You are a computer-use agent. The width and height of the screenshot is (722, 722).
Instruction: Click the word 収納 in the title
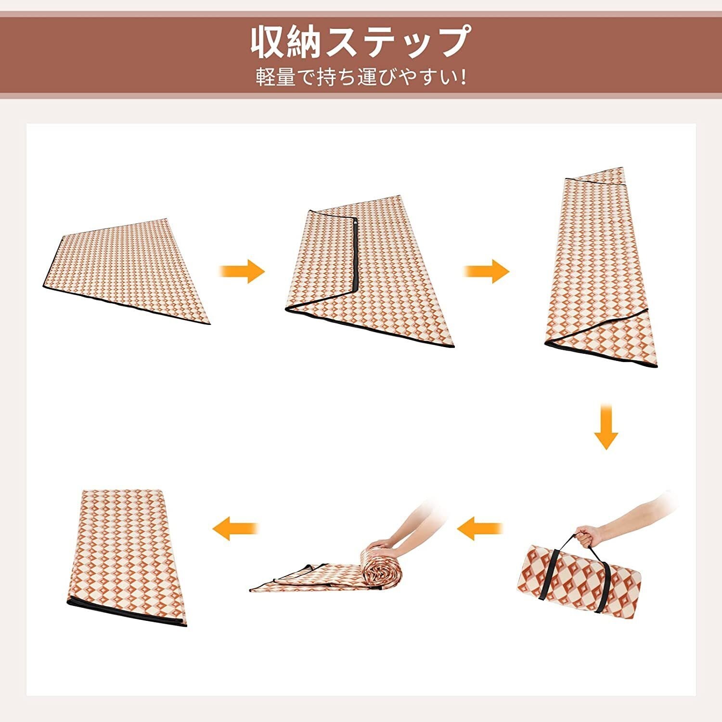tap(286, 42)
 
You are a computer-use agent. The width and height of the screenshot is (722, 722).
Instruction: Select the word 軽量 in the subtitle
tap(275, 77)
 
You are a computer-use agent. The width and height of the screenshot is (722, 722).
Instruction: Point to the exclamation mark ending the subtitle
tap(463, 77)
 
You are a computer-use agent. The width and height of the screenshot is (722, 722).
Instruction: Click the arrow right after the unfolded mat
tap(242, 271)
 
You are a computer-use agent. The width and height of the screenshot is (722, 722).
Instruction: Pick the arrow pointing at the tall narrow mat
tap(486, 271)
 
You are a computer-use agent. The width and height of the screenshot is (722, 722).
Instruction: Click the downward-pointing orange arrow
tap(606, 426)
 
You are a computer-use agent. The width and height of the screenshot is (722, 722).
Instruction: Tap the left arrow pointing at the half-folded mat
tap(236, 529)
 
